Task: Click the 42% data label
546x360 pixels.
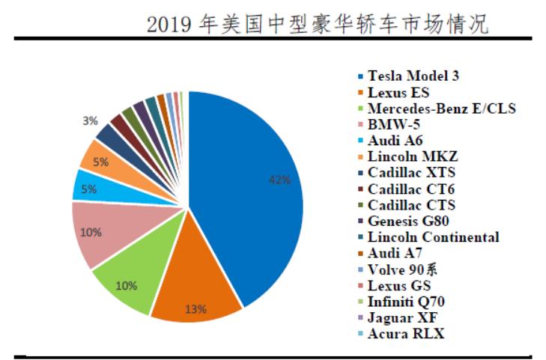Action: (279, 180)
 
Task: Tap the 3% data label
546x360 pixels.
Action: (90, 120)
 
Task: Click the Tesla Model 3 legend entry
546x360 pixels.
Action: (413, 76)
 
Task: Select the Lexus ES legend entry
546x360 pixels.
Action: (398, 92)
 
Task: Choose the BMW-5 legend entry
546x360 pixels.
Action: (394, 124)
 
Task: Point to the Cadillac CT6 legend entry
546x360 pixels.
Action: (410, 189)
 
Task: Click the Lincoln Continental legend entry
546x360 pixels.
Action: (433, 237)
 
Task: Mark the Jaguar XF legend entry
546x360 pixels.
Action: (401, 317)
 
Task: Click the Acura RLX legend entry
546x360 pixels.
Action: (405, 334)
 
